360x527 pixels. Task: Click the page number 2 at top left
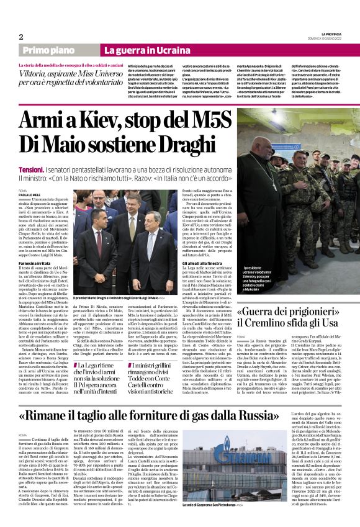[x=20, y=37]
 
